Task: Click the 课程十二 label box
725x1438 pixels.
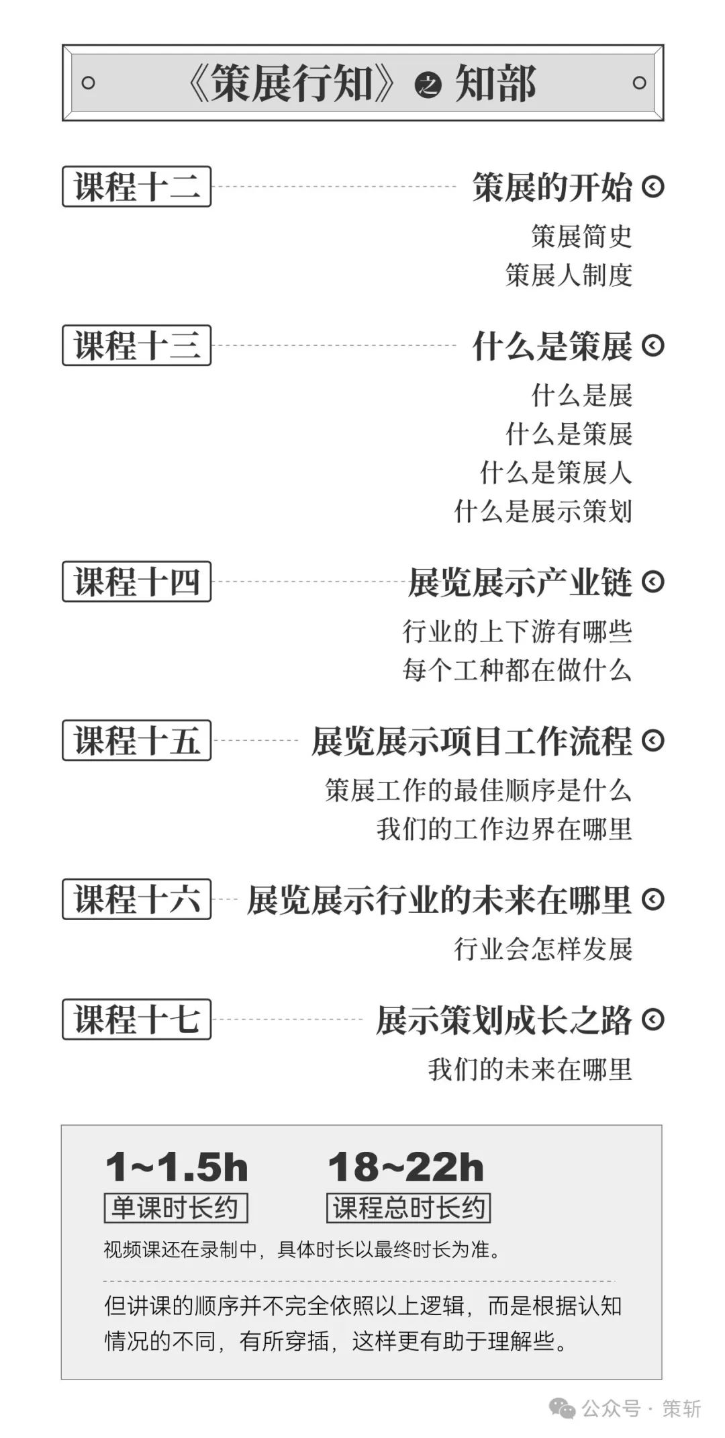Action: click(x=136, y=186)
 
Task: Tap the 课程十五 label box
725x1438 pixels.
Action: click(x=136, y=740)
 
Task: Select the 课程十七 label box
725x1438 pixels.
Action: click(x=136, y=1019)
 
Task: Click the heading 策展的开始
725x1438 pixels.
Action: click(x=552, y=187)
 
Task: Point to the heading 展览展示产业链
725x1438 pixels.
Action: click(x=520, y=582)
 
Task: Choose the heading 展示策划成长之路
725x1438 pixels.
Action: click(x=504, y=1020)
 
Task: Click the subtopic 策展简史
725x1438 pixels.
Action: click(x=581, y=236)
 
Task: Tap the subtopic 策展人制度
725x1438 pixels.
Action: click(x=569, y=275)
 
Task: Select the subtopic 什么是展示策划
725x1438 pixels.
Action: click(x=543, y=511)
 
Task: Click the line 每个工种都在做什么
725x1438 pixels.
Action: click(x=518, y=670)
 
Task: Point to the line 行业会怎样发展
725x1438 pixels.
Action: click(x=543, y=949)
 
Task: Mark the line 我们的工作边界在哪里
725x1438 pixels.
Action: click(x=504, y=828)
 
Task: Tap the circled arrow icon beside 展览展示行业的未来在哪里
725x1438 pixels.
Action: click(x=652, y=899)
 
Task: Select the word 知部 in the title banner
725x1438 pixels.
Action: click(x=495, y=83)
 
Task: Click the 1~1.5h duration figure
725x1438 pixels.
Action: click(x=177, y=1167)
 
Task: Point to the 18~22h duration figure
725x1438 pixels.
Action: click(x=405, y=1167)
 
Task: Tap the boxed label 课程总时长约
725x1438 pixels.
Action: click(x=408, y=1208)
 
